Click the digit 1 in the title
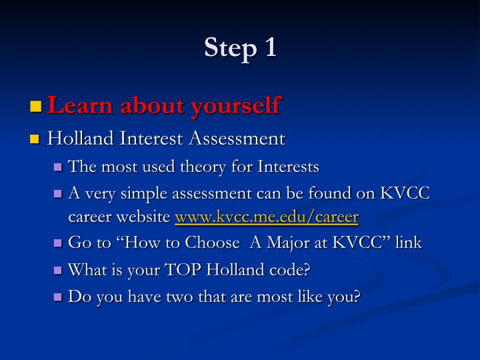(271, 47)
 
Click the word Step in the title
(231, 49)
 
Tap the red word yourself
(236, 106)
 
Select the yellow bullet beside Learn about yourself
(36, 106)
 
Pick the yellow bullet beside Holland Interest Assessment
(35, 139)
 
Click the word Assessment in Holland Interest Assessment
(237, 139)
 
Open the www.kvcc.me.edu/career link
(267, 217)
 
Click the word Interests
(288, 167)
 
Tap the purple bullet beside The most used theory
(58, 167)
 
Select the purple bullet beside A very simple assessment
(58, 194)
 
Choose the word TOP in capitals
(183, 270)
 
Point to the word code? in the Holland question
(289, 270)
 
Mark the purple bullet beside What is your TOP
(58, 270)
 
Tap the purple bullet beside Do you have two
(58, 297)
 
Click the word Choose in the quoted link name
(212, 243)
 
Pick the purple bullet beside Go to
(58, 243)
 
